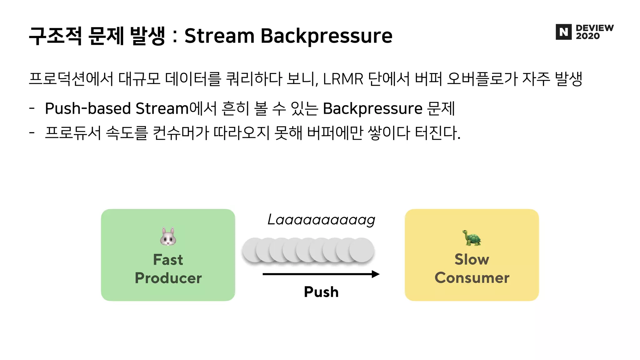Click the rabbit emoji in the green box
pyautogui.click(x=168, y=237)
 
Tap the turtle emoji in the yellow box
pyautogui.click(x=472, y=238)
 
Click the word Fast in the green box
pyautogui.click(x=168, y=260)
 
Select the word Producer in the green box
pyautogui.click(x=168, y=278)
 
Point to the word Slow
pyautogui.click(x=472, y=259)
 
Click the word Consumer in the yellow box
pyautogui.click(x=472, y=278)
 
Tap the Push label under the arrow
pyautogui.click(x=321, y=292)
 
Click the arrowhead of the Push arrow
pyautogui.click(x=376, y=274)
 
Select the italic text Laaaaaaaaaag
pyautogui.click(x=321, y=220)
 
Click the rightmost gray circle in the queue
pyautogui.click(x=362, y=250)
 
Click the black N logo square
pyautogui.click(x=563, y=32)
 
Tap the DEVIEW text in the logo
pyautogui.click(x=595, y=28)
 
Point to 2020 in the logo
pyautogui.click(x=588, y=36)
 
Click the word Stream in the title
pyautogui.click(x=219, y=36)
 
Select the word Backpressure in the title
pyautogui.click(x=326, y=36)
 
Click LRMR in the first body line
pyautogui.click(x=343, y=79)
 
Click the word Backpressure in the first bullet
pyautogui.click(x=372, y=109)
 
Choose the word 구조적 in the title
pyautogui.click(x=55, y=36)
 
